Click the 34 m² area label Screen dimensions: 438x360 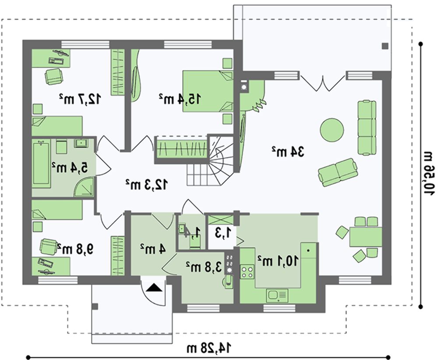288,152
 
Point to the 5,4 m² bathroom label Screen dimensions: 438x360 70,168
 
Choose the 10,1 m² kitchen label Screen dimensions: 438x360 278,261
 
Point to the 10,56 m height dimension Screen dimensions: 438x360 427,173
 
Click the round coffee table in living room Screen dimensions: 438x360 332,130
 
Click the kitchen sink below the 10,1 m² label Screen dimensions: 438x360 277,296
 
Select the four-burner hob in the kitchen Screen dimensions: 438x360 247,272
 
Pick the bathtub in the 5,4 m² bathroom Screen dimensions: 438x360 41,164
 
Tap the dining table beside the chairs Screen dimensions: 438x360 366,236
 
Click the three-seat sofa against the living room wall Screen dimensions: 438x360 367,127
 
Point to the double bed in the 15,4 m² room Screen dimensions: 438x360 208,92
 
